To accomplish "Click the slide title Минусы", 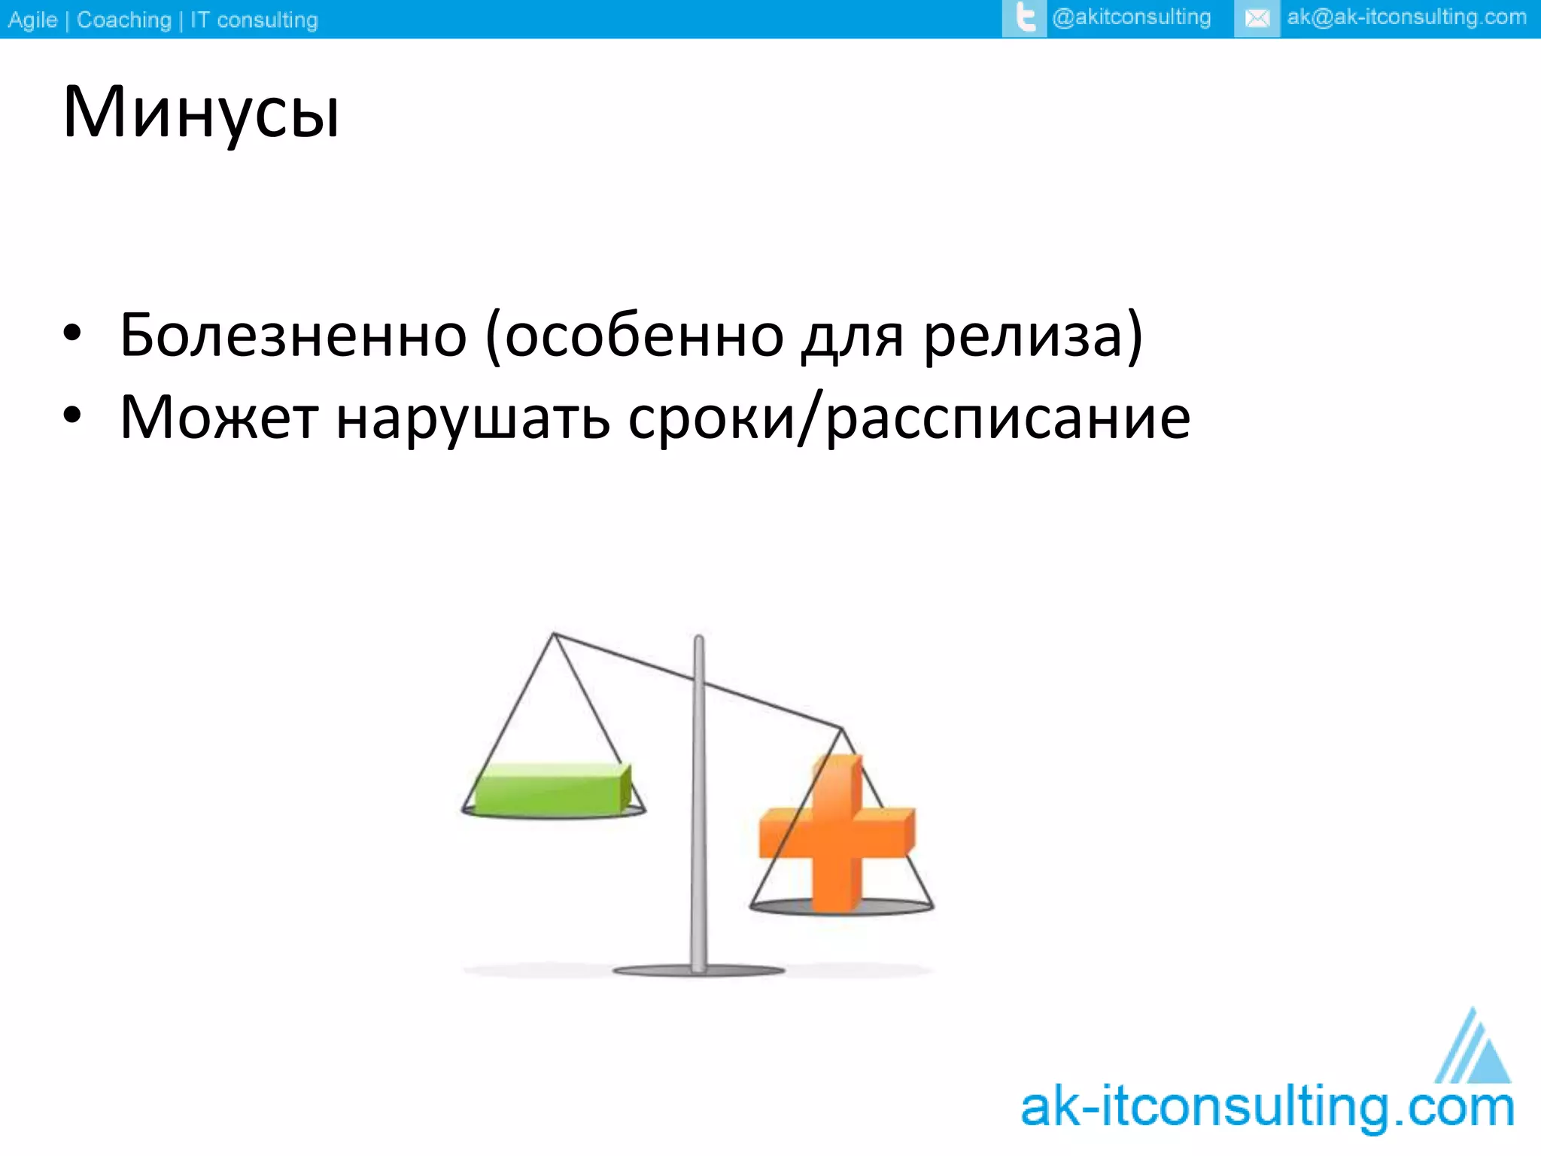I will coord(202,113).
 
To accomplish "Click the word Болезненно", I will coord(293,335).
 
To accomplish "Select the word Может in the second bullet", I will coord(219,418).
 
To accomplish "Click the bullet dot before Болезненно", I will coord(71,333).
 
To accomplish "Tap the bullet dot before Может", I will coord(71,415).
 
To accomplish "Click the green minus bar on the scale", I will coord(552,789).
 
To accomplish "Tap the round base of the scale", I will coord(699,971).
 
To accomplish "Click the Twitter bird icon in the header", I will coord(1024,18).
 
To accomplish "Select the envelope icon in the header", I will coord(1257,18).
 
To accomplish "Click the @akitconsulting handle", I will coord(1131,17).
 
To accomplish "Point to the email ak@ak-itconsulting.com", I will coord(1406,17).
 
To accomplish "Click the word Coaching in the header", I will coord(124,20).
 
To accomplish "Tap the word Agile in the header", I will coord(32,20).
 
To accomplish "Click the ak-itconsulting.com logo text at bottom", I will coord(1267,1108).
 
